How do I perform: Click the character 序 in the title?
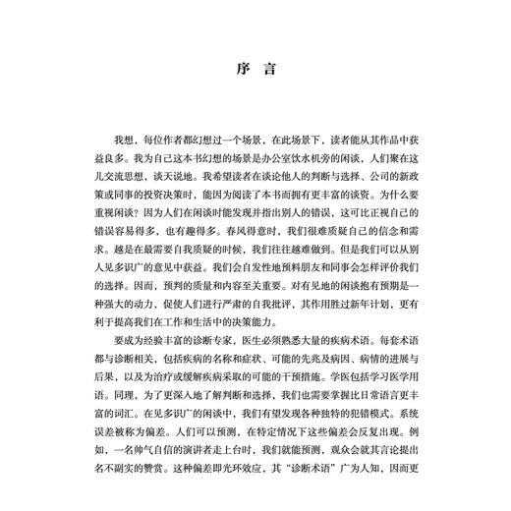point(243,71)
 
